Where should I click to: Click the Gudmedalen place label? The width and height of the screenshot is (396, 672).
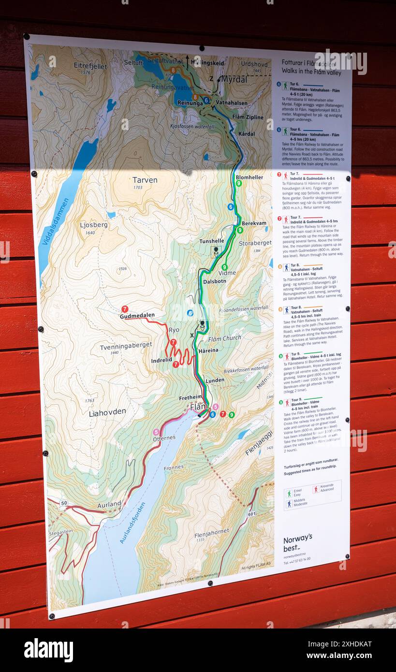[137, 316]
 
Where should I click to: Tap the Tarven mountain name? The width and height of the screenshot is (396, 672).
[145, 180]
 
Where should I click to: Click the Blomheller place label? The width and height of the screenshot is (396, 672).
[249, 177]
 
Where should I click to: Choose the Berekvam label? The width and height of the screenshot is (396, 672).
[253, 223]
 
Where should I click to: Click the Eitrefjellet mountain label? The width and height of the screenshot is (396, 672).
[90, 66]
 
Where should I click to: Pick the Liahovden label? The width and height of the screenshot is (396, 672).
[107, 412]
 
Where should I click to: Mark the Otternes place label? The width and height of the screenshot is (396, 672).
[164, 438]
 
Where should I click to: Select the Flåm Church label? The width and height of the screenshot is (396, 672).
[224, 338]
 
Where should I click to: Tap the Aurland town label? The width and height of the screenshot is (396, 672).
[109, 505]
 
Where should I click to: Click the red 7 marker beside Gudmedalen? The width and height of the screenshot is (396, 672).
[125, 309]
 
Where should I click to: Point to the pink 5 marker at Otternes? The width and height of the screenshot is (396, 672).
[156, 432]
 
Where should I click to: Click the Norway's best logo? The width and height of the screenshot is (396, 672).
[297, 542]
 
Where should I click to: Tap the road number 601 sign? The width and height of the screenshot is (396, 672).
[251, 514]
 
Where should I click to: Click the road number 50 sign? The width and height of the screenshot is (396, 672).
[64, 503]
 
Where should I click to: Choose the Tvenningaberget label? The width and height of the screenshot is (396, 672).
[126, 346]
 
